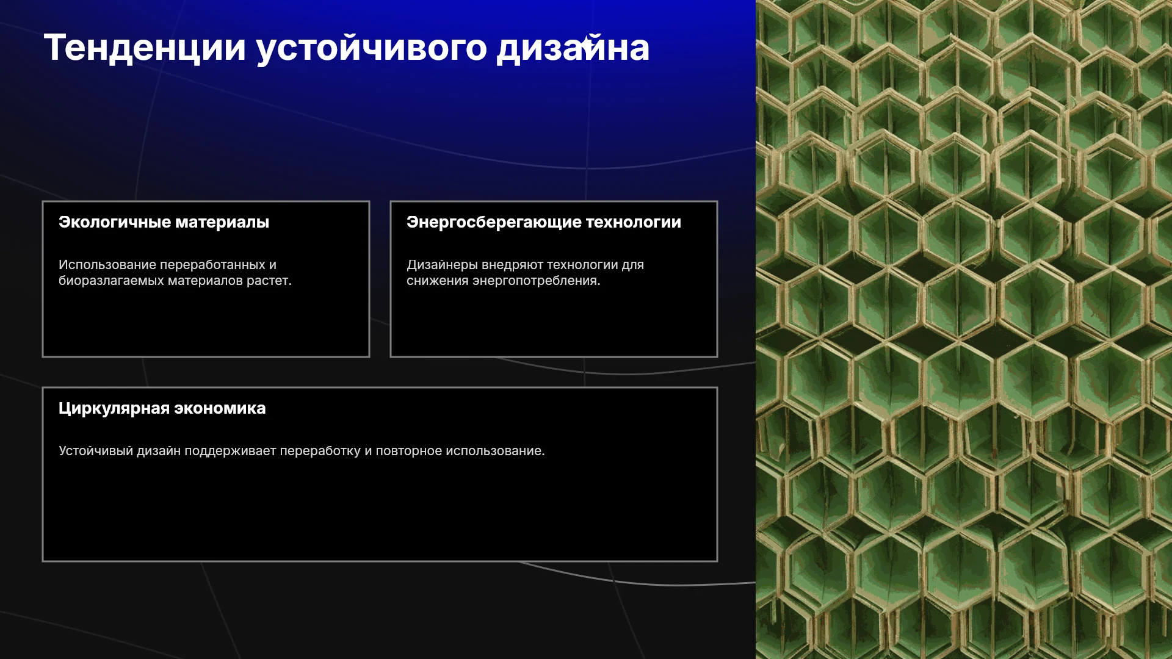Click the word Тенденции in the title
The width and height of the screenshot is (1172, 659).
click(145, 48)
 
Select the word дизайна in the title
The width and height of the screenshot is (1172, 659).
click(573, 49)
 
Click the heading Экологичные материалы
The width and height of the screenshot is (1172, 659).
click(164, 222)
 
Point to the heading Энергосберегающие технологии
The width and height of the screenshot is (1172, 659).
click(544, 222)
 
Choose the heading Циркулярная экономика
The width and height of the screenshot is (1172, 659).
click(162, 408)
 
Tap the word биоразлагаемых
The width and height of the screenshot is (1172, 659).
click(112, 281)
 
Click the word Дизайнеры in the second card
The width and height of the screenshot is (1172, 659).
click(443, 265)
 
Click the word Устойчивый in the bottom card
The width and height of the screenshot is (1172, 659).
click(96, 451)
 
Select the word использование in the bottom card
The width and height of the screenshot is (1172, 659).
click(493, 451)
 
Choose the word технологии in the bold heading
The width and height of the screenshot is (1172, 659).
click(634, 222)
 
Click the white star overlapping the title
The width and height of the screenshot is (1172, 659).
click(586, 43)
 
